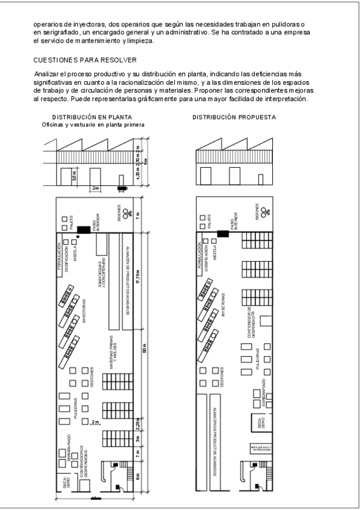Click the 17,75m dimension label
click(138, 279)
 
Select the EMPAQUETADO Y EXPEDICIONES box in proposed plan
click(261, 448)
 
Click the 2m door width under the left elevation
click(95, 188)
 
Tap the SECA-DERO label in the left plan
click(66, 481)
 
